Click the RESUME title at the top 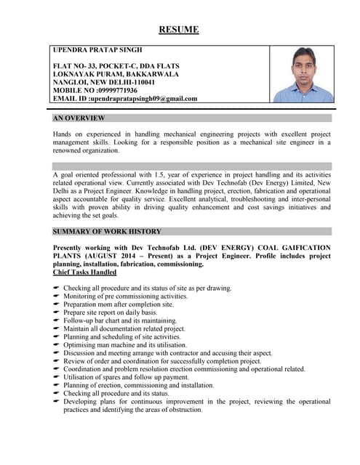coord(179,30)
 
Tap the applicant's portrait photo coord(301,75)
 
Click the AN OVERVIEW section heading coord(79,118)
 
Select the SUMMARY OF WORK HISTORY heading coord(107,231)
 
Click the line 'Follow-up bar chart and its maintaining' coord(119,320)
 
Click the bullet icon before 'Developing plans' coord(57,402)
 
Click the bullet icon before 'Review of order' coord(57,361)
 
